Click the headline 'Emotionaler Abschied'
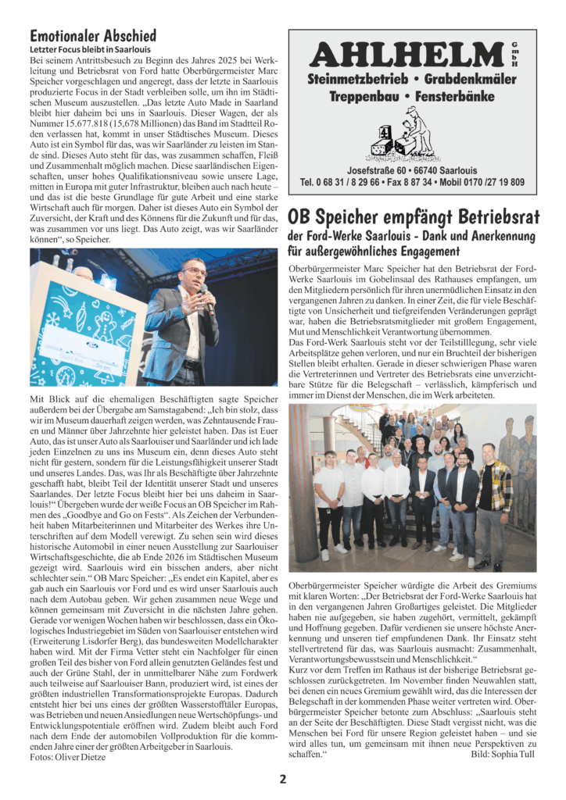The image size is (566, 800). [x=93, y=35]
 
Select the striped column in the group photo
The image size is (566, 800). [x=300, y=484]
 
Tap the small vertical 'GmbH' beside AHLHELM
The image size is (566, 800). [x=515, y=52]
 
